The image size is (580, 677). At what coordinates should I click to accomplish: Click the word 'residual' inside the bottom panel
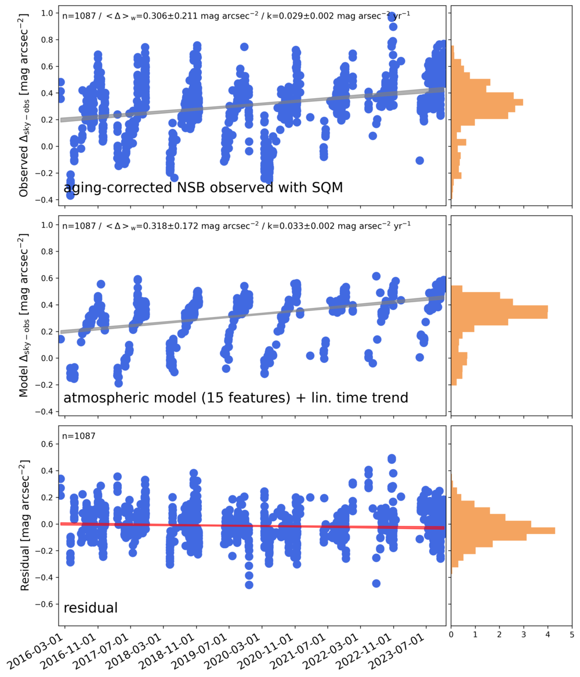point(90,608)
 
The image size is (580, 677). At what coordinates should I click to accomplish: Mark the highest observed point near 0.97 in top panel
point(391,16)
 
